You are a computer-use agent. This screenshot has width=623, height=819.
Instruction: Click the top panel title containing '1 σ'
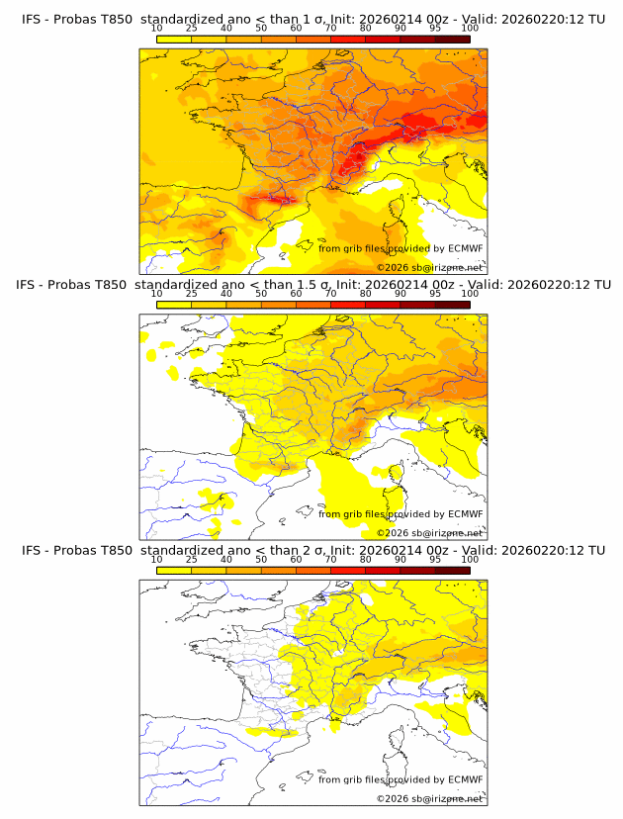pyautogui.click(x=312, y=19)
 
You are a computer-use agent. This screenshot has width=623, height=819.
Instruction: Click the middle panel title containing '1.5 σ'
pyautogui.click(x=312, y=285)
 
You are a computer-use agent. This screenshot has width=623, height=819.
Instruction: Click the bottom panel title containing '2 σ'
pyautogui.click(x=312, y=550)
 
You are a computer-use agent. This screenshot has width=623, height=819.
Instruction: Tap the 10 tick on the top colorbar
pyautogui.click(x=157, y=29)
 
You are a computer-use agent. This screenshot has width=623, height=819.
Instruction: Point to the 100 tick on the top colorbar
pyautogui.click(x=470, y=29)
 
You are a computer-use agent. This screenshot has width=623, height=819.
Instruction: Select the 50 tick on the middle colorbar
pyautogui.click(x=261, y=294)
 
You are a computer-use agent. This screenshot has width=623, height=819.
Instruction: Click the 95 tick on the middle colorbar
pyautogui.click(x=435, y=294)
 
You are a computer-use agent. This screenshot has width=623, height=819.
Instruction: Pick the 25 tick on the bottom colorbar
pyautogui.click(x=192, y=560)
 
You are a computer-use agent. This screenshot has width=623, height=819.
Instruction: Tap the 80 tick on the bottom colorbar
pyautogui.click(x=366, y=560)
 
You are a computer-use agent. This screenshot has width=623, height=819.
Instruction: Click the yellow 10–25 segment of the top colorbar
pyautogui.click(x=174, y=39)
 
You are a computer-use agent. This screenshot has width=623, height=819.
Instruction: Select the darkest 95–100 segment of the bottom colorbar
pyautogui.click(x=452, y=570)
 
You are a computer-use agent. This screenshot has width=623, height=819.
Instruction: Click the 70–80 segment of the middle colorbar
pyautogui.click(x=348, y=305)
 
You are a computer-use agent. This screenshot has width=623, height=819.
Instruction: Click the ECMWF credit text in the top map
pyautogui.click(x=400, y=248)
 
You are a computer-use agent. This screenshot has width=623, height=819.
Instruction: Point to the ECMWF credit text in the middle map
pyautogui.click(x=400, y=514)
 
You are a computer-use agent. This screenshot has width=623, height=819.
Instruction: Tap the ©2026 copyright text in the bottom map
pyautogui.click(x=429, y=798)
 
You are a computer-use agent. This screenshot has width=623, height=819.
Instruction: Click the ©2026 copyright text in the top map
pyautogui.click(x=429, y=267)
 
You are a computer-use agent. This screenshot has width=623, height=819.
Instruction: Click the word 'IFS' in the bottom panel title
pyautogui.click(x=32, y=550)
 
